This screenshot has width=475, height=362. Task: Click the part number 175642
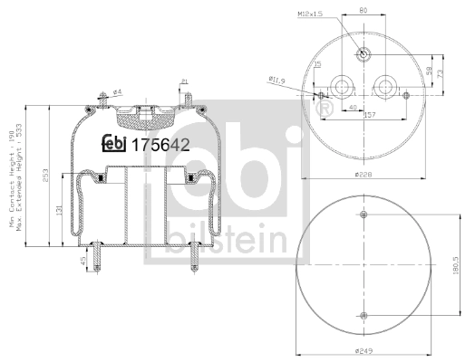[x=161, y=143]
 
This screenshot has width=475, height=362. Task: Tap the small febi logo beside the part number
[x=114, y=143]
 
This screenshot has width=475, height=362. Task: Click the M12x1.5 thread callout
[x=311, y=15]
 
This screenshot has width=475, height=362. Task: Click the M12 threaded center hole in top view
[x=363, y=53]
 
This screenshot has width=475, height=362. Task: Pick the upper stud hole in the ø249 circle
[x=364, y=215]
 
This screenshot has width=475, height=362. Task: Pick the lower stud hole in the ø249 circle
[x=364, y=315]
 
